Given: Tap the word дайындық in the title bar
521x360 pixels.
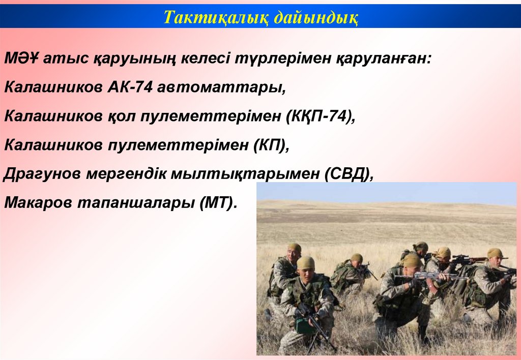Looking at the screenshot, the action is click(316, 17).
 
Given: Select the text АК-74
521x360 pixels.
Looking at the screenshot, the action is click(130, 87).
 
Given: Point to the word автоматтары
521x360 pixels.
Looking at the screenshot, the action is click(221, 87).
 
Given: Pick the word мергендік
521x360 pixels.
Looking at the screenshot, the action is click(126, 174).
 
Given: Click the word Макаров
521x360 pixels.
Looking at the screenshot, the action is click(38, 202).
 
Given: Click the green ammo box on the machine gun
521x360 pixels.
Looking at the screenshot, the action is click(303, 326).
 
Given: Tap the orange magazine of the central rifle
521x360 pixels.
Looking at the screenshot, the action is click(432, 286).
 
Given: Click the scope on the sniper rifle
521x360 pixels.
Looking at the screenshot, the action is click(462, 258).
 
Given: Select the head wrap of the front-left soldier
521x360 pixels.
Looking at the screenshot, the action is click(306, 262).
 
